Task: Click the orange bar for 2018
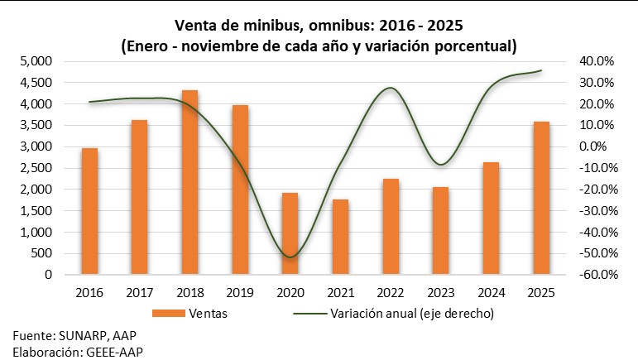click(x=189, y=182)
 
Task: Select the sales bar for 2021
click(x=340, y=237)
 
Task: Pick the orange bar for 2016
click(x=89, y=211)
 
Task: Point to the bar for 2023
click(x=440, y=230)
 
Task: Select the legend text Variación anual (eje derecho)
click(x=411, y=314)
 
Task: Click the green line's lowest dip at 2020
click(x=290, y=257)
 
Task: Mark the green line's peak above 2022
click(x=391, y=88)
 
